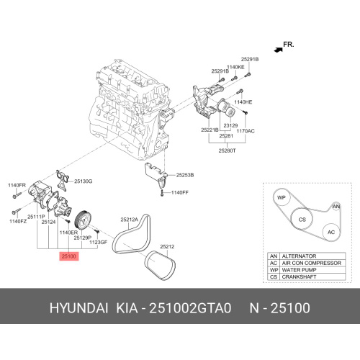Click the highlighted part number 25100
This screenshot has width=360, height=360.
(69, 256)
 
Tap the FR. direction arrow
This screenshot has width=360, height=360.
(279, 50)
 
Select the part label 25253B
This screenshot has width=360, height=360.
(185, 175)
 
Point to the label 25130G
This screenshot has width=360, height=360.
(83, 181)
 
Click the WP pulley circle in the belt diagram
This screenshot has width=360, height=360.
(282, 197)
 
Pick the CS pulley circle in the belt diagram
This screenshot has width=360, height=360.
(302, 219)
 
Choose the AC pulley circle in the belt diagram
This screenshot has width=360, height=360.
(331, 232)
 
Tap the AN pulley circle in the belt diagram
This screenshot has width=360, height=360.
(336, 207)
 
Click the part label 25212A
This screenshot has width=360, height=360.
(130, 220)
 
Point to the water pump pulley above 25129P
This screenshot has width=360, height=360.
(83, 219)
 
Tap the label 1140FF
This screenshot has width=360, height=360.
(180, 192)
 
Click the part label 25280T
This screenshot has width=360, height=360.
(227, 150)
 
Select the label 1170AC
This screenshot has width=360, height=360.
(246, 131)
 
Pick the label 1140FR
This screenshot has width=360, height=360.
(17, 185)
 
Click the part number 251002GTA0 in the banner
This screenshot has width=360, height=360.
(190, 308)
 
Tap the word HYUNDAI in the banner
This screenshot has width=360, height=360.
(78, 308)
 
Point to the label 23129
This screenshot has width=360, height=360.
(230, 125)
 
